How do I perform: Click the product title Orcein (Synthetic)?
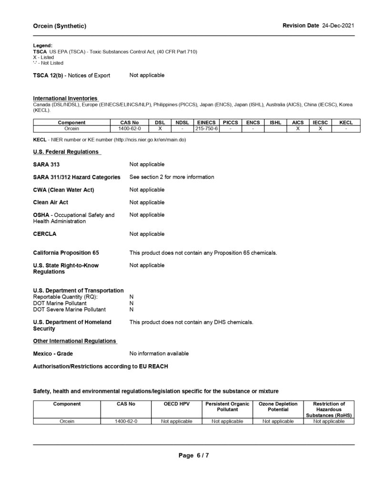(60, 26)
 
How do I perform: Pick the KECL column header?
(346, 123)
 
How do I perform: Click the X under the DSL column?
(160, 128)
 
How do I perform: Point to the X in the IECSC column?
(321, 128)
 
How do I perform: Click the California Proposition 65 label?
(66, 253)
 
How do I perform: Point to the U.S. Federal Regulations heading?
(66, 152)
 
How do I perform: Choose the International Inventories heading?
(65, 98)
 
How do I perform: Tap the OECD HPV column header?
(176, 404)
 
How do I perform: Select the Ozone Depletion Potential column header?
(278, 407)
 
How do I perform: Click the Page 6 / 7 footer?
(194, 455)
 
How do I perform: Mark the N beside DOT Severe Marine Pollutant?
(132, 309)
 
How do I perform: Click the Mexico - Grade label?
(53, 354)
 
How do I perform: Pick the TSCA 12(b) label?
(71, 76)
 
